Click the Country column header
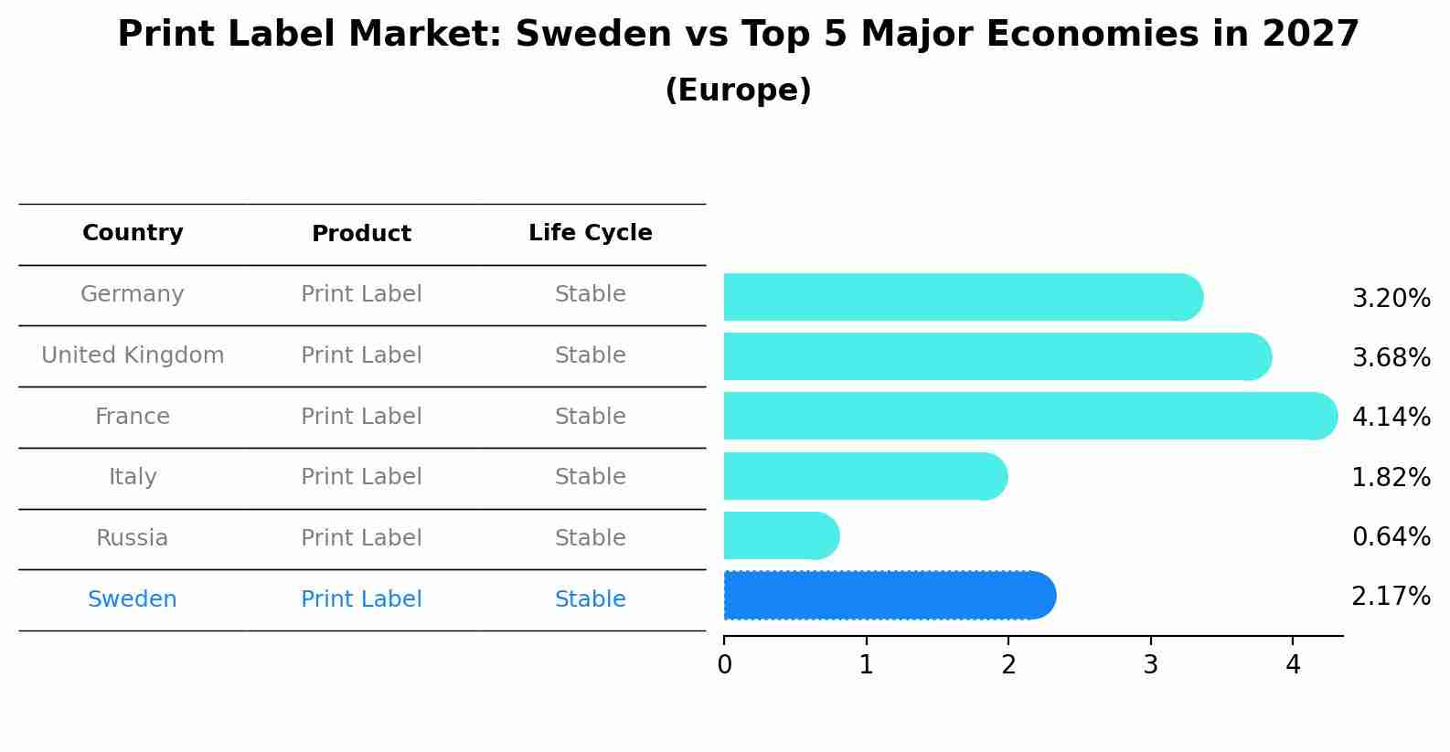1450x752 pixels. pyautogui.click(x=133, y=233)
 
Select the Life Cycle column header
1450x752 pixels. pyautogui.click(x=590, y=233)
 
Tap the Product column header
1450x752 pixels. pyautogui.click(x=361, y=234)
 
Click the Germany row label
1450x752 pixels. pyautogui.click(x=133, y=294)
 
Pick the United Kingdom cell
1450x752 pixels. pyautogui.click(x=133, y=355)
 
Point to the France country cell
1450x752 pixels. pyautogui.click(x=133, y=417)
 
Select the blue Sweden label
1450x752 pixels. pyautogui.click(x=133, y=599)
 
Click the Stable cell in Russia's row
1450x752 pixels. pyautogui.click(x=590, y=538)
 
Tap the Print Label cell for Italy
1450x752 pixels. pyautogui.click(x=361, y=477)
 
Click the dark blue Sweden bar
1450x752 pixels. pyautogui.click(x=887, y=596)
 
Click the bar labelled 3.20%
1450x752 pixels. pyautogui.click(x=960, y=297)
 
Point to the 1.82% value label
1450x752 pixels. pyautogui.click(x=1391, y=477)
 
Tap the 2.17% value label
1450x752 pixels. pyautogui.click(x=1391, y=597)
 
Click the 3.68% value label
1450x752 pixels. pyautogui.click(x=1391, y=357)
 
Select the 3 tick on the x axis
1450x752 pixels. pyautogui.click(x=1150, y=665)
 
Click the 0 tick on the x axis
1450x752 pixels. pyautogui.click(x=724, y=665)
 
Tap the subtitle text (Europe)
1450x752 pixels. pyautogui.click(x=738, y=90)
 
